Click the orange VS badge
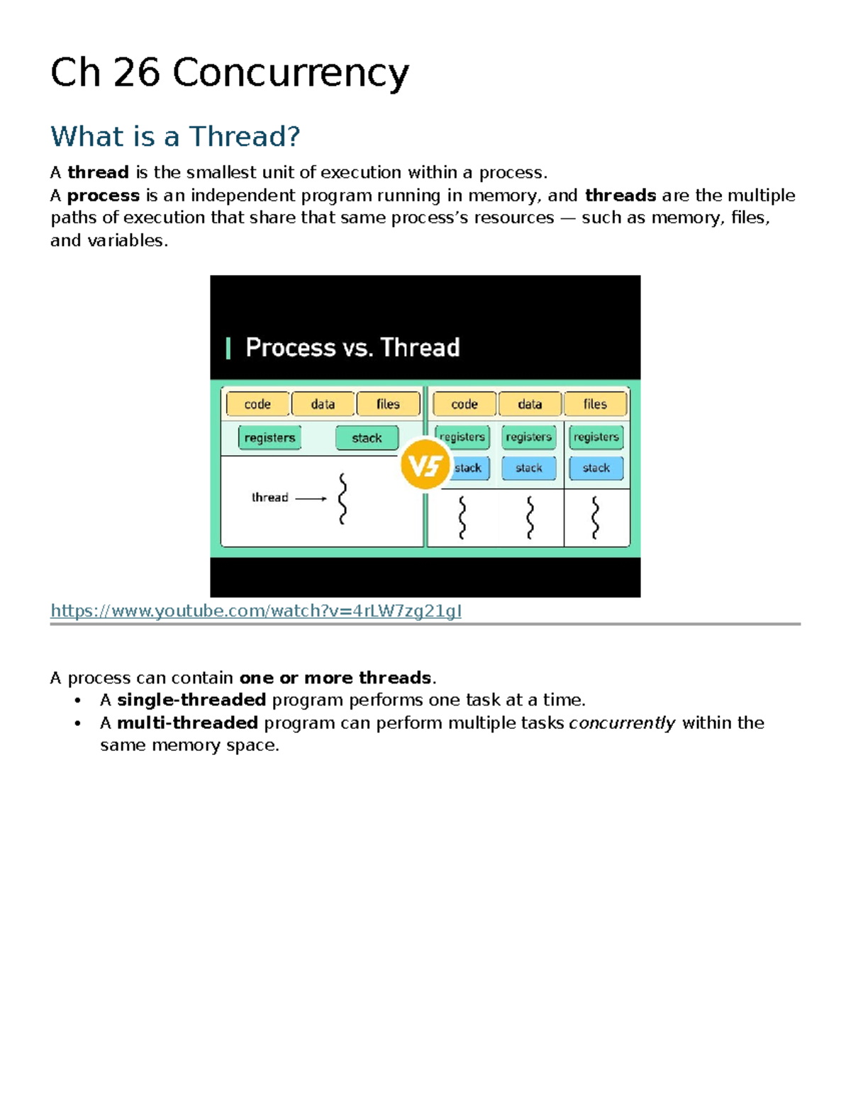pos(425,464)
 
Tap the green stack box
pos(367,437)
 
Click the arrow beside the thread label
pos(311,498)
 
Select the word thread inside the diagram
pos(269,498)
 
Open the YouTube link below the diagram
pos(256,611)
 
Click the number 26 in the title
pos(137,72)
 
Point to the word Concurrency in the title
pos(291,74)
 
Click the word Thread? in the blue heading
pos(245,136)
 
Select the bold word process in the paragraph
pos(104,196)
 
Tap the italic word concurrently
pos(623,723)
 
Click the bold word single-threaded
pos(191,700)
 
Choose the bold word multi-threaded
pos(187,722)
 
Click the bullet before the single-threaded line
pos(77,700)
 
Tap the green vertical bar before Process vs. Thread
pos(228,349)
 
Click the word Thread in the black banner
pos(420,347)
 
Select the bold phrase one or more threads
pos(335,678)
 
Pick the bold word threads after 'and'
pos(621,195)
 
